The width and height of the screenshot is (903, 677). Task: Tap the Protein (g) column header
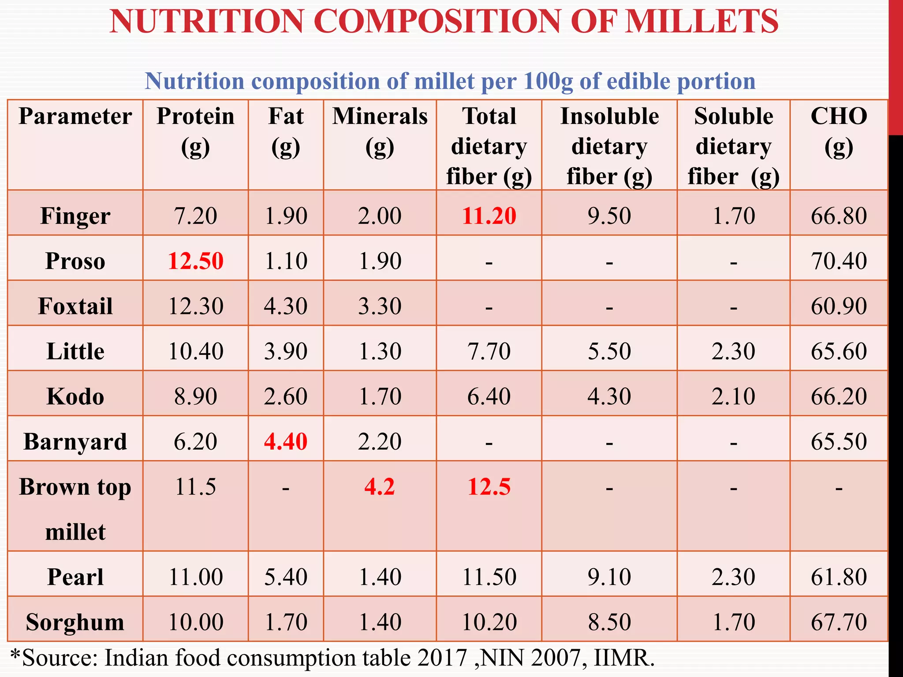point(195,131)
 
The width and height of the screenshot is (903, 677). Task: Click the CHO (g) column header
point(839,131)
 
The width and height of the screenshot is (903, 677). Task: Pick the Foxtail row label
point(75,306)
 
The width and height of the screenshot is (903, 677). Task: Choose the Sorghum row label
point(75,622)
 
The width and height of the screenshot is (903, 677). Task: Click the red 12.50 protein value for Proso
point(195,260)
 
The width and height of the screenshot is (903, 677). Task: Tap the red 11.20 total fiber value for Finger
point(489,216)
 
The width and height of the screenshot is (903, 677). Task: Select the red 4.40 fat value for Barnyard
point(286,441)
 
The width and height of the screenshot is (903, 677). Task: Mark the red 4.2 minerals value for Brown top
point(380,487)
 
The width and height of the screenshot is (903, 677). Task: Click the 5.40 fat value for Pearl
point(286,577)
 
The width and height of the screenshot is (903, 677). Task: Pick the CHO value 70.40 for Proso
point(839,260)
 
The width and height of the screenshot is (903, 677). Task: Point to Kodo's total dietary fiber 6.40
point(489,396)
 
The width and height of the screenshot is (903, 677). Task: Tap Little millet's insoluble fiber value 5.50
point(609,351)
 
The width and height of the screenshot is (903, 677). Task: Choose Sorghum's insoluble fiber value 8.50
point(609,622)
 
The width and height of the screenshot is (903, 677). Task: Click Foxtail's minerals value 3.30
point(380,306)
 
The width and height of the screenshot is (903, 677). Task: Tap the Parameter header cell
point(75,117)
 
